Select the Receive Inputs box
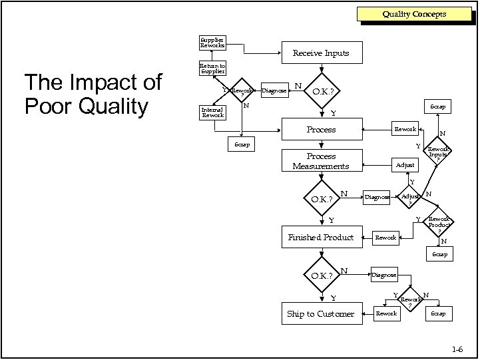321,53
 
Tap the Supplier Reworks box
212,43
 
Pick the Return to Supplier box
212,69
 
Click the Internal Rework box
212,112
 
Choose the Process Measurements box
321,161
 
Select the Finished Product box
321,237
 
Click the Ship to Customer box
321,313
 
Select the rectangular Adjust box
405,164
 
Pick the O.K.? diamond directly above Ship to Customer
321,275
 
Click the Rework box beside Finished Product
386,237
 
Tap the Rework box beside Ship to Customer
386,313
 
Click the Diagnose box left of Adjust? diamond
377,198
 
